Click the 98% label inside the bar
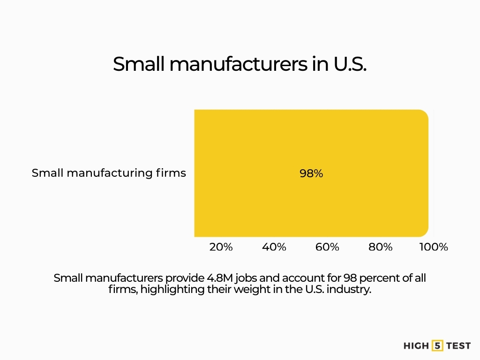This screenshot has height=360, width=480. click(311, 173)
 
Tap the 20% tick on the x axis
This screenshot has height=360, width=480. click(221, 247)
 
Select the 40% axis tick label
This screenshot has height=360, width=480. click(274, 247)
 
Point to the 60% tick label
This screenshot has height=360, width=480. click(327, 247)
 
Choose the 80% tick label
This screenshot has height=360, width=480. click(380, 247)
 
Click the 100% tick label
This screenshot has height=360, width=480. click(434, 247)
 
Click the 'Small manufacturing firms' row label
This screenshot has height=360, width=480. click(109, 173)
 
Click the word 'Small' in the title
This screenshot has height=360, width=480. click(139, 64)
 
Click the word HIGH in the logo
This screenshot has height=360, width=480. click(416, 345)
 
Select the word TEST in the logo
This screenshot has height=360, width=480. click(458, 345)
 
